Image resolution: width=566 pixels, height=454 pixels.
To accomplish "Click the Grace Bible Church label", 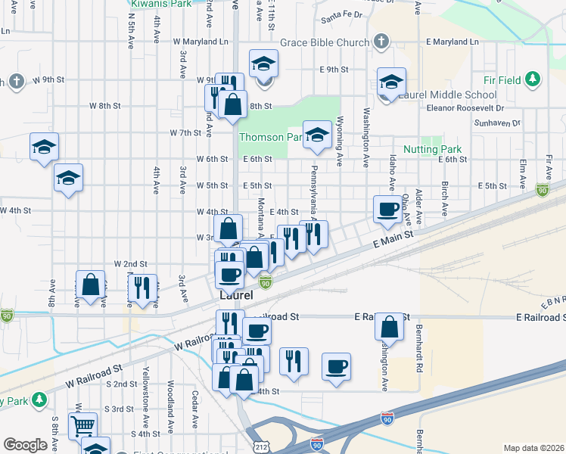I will (324, 42).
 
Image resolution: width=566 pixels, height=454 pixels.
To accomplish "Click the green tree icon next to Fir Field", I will (533, 79).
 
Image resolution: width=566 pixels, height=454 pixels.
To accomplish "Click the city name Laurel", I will (235, 294).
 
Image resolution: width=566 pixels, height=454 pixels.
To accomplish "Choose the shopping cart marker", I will (82, 424).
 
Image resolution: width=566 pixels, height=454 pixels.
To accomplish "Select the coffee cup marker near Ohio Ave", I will (388, 209).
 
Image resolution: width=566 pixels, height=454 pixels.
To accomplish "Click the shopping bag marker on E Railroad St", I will (389, 327).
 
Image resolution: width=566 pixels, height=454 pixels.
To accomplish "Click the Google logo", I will (25, 445).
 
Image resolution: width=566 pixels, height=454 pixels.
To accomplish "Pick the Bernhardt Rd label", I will (418, 349).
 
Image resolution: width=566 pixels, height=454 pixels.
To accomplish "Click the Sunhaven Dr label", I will (497, 123).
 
